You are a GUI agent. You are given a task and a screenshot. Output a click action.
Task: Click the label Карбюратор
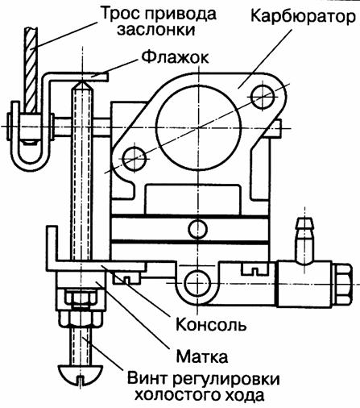pyautogui.click(x=303, y=17)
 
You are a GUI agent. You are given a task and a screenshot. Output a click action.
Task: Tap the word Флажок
pyautogui.click(x=175, y=57)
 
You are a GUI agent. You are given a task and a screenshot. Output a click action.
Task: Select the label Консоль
pyautogui.click(x=211, y=325)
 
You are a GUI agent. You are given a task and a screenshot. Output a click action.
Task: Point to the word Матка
pyautogui.click(x=202, y=356)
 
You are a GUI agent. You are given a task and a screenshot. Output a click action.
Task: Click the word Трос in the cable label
pyautogui.click(x=120, y=14)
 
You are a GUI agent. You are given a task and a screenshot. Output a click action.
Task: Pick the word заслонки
pyautogui.click(x=155, y=30)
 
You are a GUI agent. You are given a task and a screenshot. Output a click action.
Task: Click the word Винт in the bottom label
pyautogui.click(x=147, y=379)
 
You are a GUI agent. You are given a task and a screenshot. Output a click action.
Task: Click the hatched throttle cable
pyautogui.click(x=31, y=70)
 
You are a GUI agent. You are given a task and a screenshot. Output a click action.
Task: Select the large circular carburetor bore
pyautogui.click(x=198, y=127)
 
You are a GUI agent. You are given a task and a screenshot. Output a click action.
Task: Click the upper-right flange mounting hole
pyautogui.click(x=263, y=97)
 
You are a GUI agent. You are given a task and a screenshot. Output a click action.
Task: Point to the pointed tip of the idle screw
pyautogui.click(x=82, y=82)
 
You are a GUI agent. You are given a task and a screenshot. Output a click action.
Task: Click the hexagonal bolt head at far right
pyautogui.click(x=341, y=285)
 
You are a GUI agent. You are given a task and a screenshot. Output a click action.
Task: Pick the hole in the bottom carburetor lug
pyautogui.click(x=197, y=283)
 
